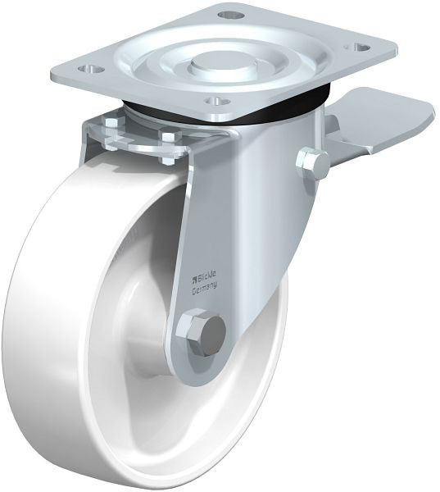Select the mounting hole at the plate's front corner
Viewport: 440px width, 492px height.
tap(216, 102)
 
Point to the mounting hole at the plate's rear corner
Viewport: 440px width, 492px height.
tap(231, 15)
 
